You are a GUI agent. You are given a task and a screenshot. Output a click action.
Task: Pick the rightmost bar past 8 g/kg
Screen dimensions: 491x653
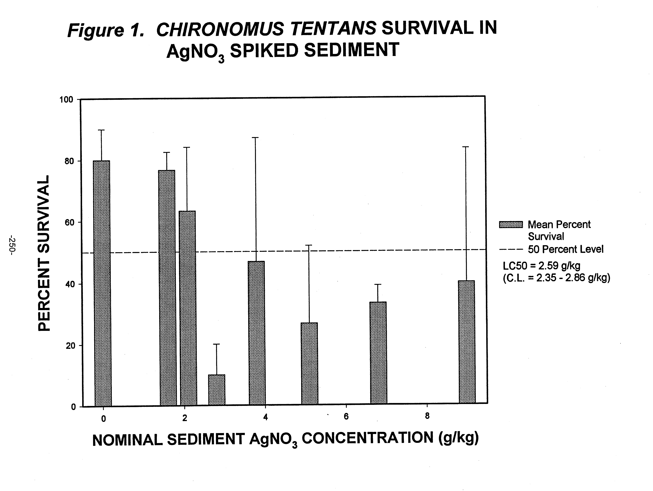[467, 342]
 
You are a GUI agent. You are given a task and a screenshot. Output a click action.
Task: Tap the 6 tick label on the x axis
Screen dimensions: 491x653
[346, 417]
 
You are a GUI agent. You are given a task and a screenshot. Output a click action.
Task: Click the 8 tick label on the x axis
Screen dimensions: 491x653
[427, 416]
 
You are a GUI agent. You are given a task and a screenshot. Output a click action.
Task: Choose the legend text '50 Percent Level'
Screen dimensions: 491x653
[565, 249]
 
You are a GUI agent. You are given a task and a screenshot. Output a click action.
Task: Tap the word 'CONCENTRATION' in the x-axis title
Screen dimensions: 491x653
[367, 438]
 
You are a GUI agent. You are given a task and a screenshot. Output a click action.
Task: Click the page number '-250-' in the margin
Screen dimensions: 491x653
[12, 245]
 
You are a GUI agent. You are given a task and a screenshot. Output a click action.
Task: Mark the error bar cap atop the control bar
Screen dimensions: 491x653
[102, 130]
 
